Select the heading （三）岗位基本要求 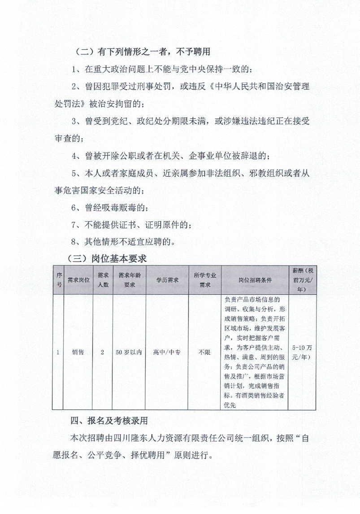tap(107, 259)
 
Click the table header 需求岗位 tap(78, 280)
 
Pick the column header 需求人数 tap(103, 280)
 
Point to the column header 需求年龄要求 tap(130, 280)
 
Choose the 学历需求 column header tap(167, 280)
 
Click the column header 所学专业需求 tap(204, 280)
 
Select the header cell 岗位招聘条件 tap(255, 280)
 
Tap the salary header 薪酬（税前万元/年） tap(303, 280)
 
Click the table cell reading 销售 tap(78, 352)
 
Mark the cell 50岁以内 tap(130, 352)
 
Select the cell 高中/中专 tap(167, 352)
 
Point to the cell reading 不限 tap(204, 352)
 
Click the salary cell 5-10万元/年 tap(303, 352)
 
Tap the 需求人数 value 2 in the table tap(103, 352)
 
